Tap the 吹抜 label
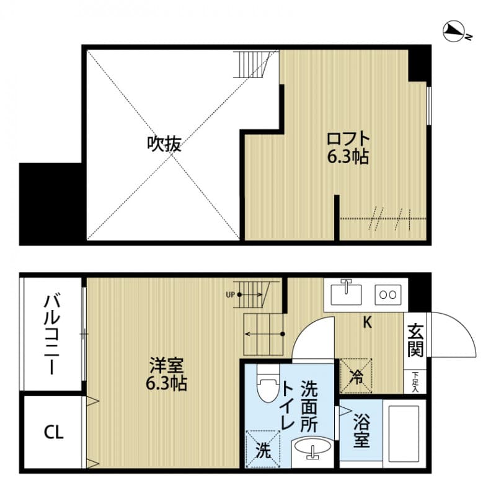pos(164,144)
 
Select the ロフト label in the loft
pos(348,138)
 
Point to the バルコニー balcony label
pos(51,335)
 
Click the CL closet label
pos(53,433)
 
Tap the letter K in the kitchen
pos(366,322)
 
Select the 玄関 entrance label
pos(415,342)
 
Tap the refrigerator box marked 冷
pos(356,374)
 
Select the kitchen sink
pos(346,293)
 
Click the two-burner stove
pos(387,293)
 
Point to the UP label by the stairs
pos(230,294)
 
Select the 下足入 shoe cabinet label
pos(415,381)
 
